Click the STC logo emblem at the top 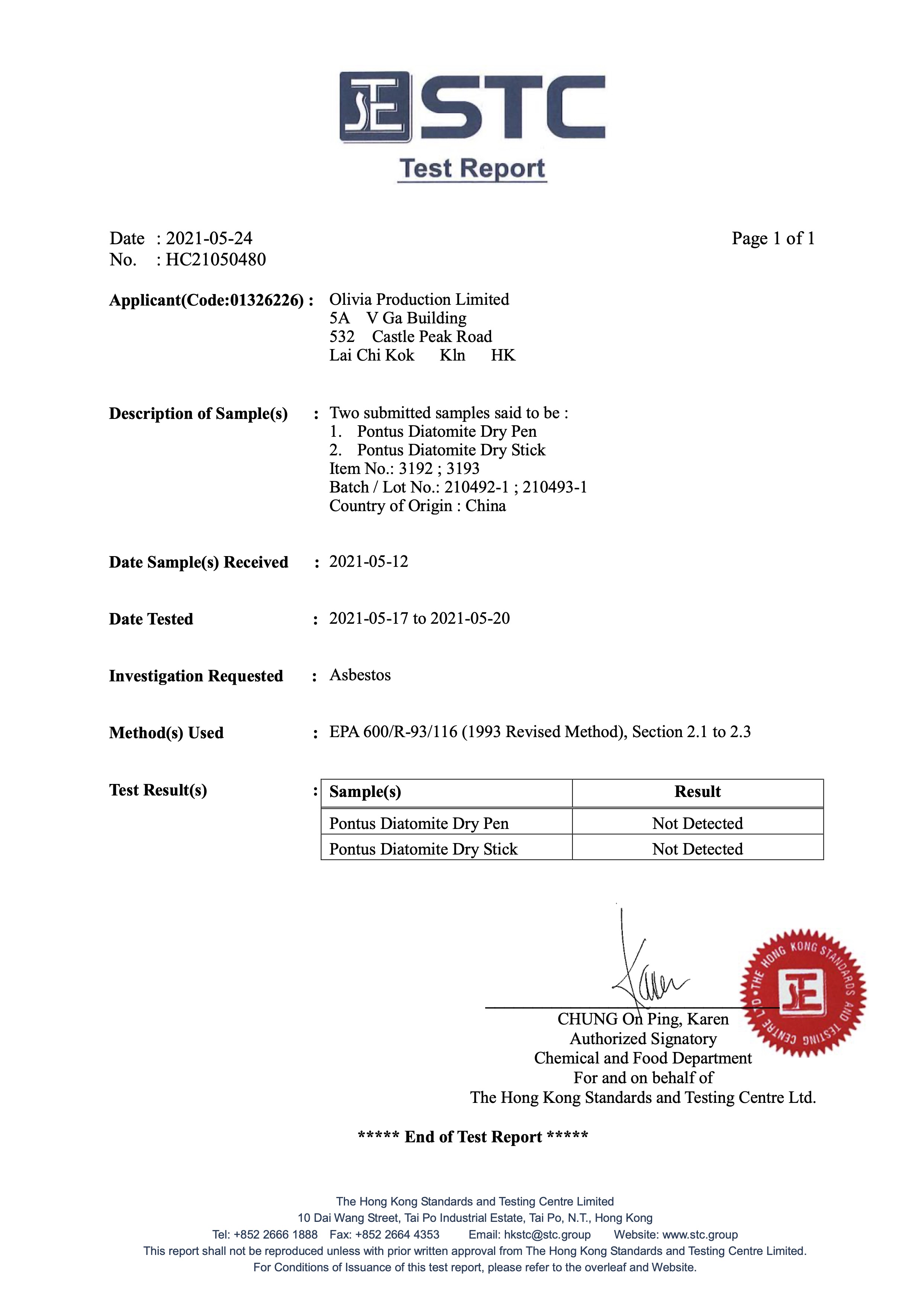click(x=375, y=107)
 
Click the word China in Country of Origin click(x=485, y=506)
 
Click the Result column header click(x=697, y=792)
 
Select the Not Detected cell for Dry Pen click(x=697, y=823)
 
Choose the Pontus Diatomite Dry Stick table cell click(x=423, y=849)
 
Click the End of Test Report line click(x=473, y=1137)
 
